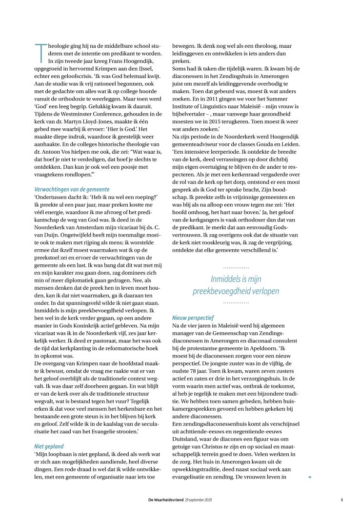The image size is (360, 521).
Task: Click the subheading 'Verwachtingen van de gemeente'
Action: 72,189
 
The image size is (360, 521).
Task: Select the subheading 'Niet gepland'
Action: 49,446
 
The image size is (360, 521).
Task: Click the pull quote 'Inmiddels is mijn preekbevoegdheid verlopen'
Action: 236,285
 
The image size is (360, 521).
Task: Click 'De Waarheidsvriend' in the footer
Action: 166,499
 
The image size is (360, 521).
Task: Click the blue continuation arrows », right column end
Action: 309,477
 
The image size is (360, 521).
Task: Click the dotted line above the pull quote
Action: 236,268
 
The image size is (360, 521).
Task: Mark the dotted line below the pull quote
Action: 236,302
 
